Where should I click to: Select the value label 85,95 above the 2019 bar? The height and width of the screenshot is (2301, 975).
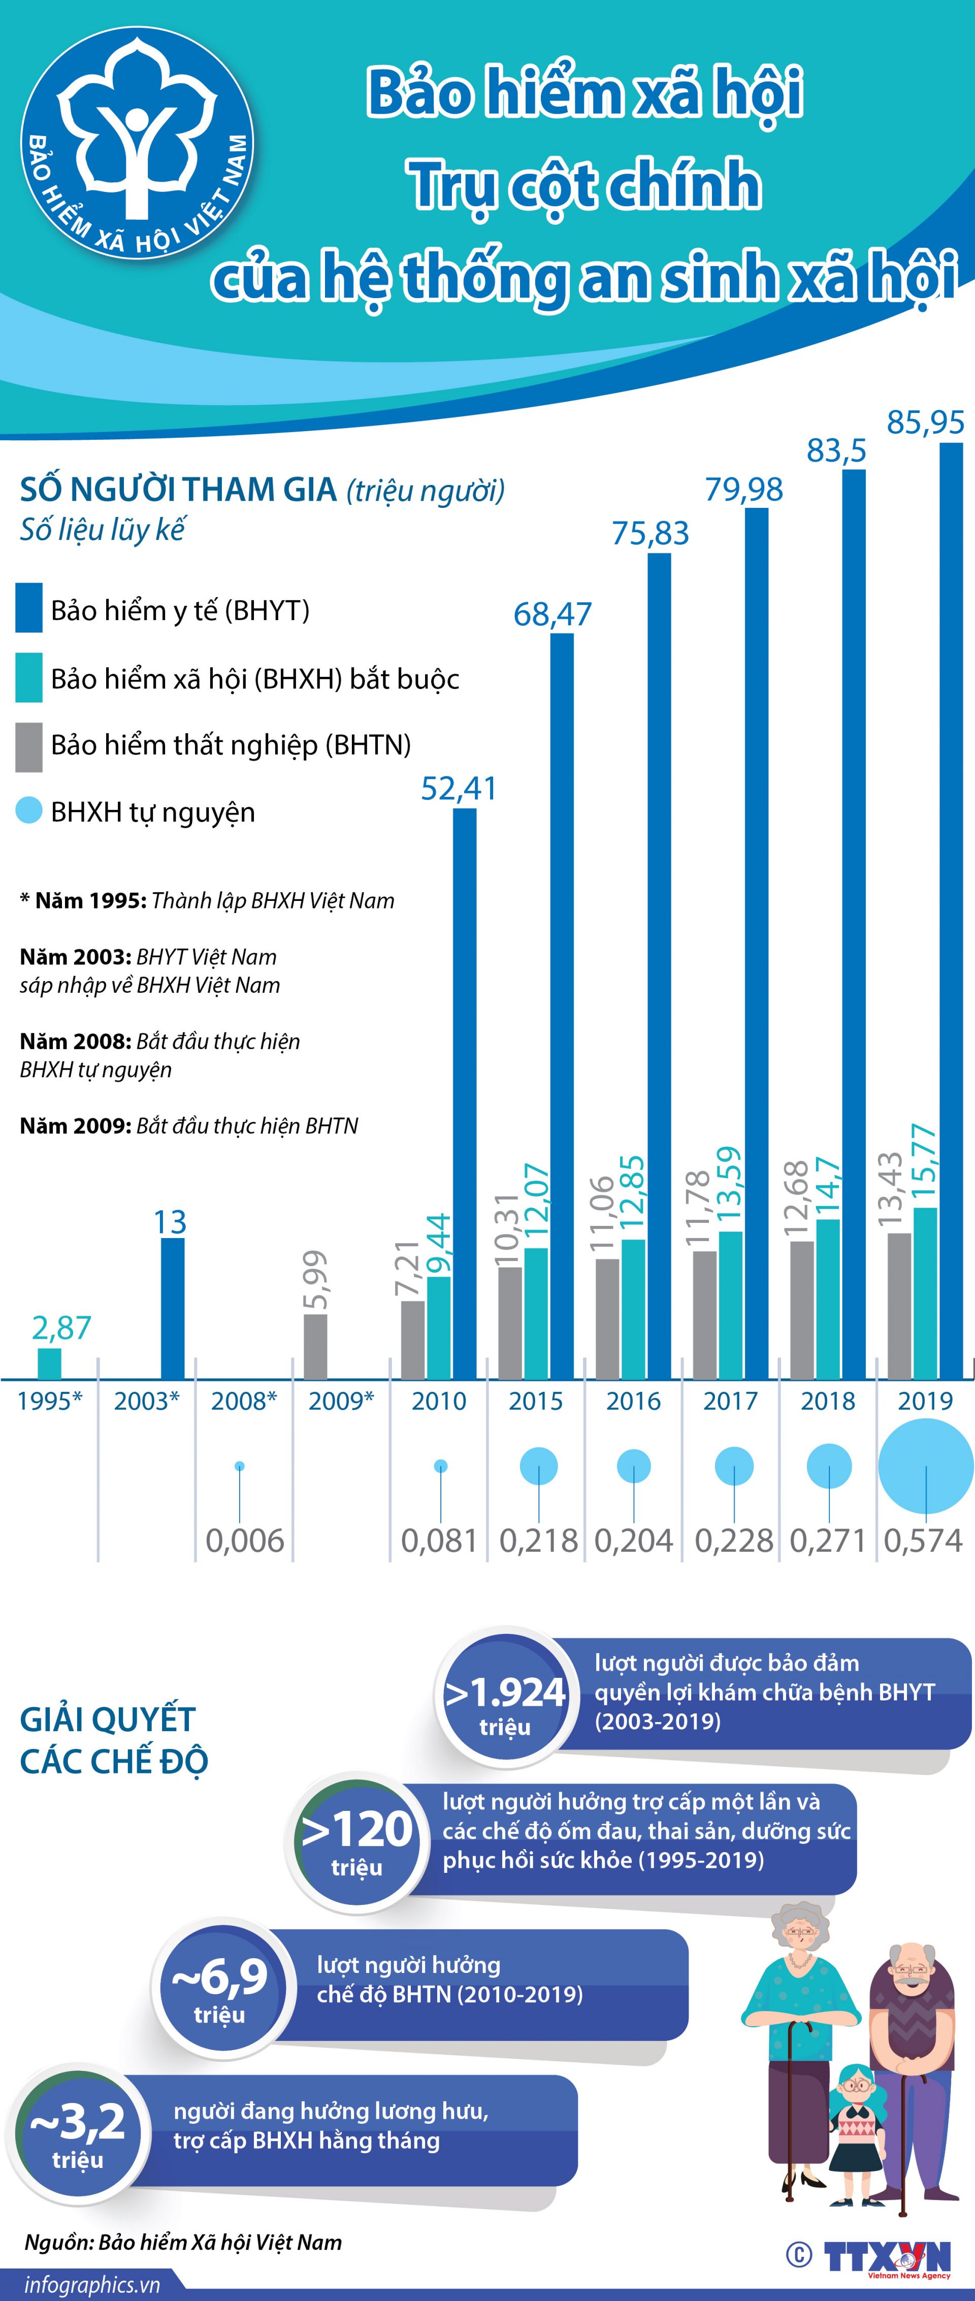[925, 422]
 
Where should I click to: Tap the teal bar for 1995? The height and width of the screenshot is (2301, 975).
[49, 1363]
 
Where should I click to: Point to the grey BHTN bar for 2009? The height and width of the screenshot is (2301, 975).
[315, 1346]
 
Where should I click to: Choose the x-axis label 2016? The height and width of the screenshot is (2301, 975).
[633, 1401]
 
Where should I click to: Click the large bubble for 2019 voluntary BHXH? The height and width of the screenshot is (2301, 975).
[926, 1466]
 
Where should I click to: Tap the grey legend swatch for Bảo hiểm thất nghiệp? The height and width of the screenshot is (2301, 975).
[28, 747]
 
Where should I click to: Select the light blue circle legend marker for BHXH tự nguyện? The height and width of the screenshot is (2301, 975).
[28, 811]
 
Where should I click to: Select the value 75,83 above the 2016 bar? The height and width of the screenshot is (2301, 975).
[650, 533]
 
